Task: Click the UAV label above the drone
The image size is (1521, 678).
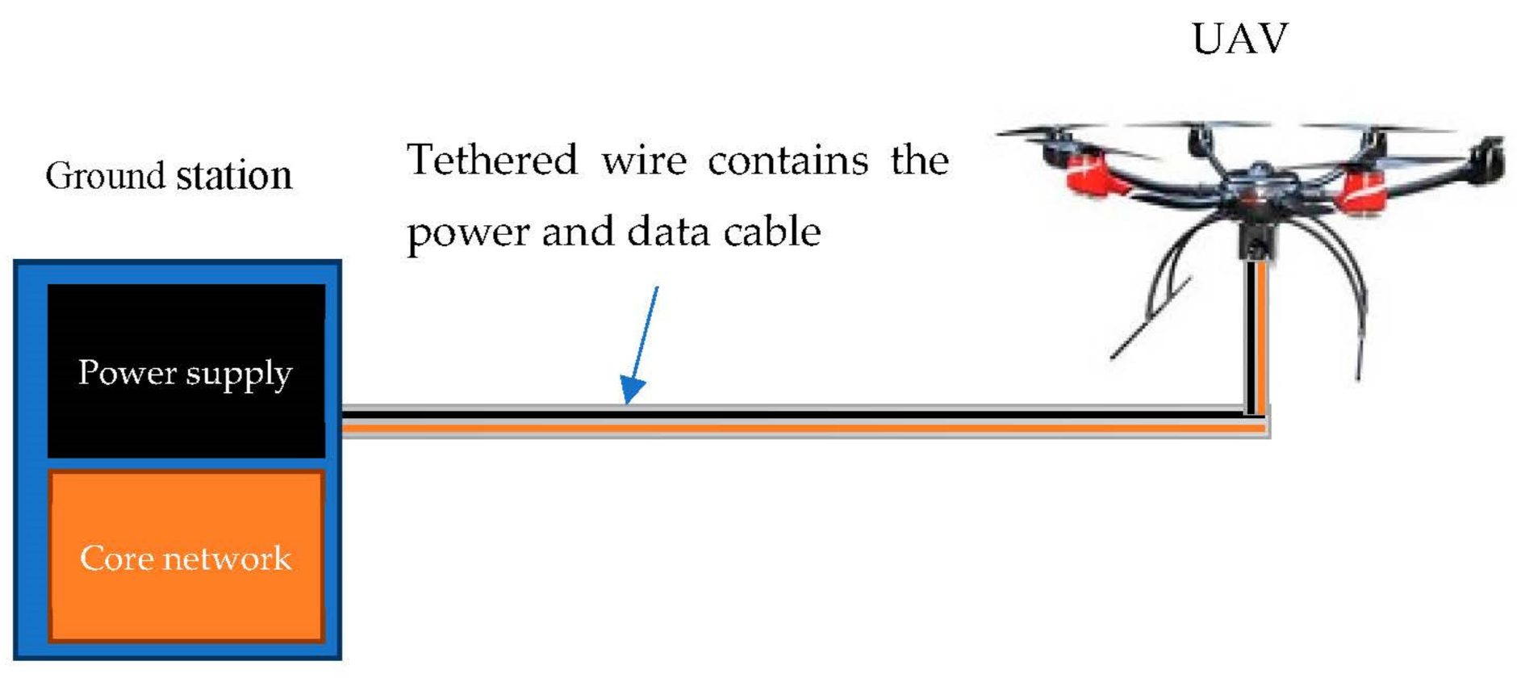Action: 1240,39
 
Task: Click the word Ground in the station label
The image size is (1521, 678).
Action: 105,176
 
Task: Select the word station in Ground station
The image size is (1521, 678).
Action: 234,175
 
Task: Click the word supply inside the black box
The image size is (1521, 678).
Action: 239,375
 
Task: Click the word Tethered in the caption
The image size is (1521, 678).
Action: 492,160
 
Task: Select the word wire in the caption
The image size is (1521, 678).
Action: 644,160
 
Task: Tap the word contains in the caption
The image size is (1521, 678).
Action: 788,160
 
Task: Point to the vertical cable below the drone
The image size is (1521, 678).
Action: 1256,339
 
